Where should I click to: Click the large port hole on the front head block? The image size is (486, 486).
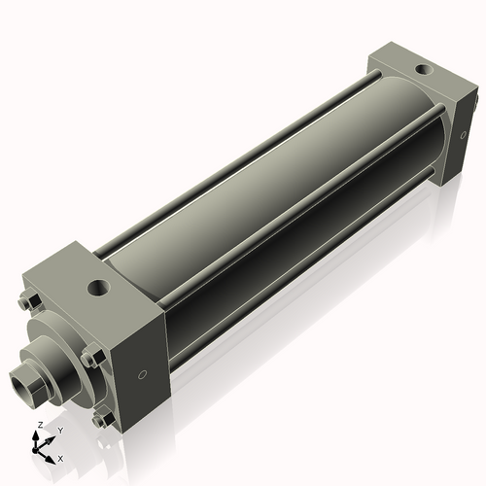point(99,288)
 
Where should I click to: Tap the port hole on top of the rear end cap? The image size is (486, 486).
point(421,71)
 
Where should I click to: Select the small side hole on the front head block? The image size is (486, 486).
point(144,373)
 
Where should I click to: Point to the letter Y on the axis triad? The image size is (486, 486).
point(59,430)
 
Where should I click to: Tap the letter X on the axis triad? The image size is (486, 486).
point(60,457)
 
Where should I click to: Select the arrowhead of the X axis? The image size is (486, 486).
point(52,454)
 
